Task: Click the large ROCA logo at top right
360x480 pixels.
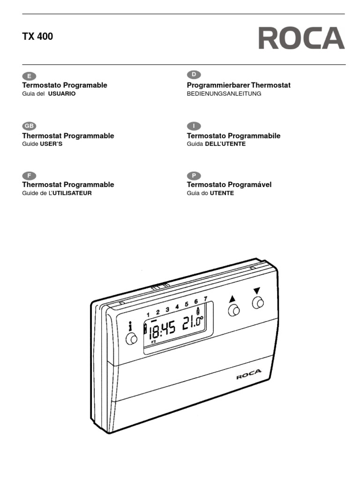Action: pos(301,38)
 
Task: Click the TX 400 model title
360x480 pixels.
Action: pos(37,37)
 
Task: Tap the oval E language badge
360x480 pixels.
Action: pos(29,76)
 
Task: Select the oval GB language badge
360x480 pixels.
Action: pos(29,126)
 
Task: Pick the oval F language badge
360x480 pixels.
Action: pos(29,176)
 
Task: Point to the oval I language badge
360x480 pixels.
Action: pos(194,126)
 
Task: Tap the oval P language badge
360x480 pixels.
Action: pos(194,176)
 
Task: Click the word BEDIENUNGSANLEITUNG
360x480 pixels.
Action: pos(224,94)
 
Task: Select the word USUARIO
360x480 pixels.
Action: pos(62,94)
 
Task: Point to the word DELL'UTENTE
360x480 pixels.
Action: pos(225,144)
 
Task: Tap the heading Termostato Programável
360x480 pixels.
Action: pos(229,185)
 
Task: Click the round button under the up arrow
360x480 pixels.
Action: pos(233,311)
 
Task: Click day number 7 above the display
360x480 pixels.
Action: pos(205,299)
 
